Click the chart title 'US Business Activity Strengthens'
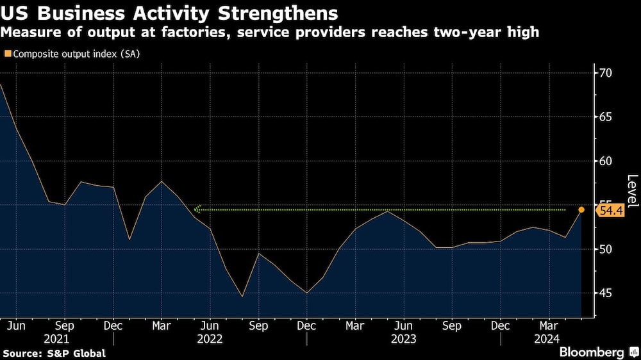coord(170,13)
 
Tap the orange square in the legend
coord(7,54)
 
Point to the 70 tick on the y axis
coord(605,73)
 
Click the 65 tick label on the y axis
coord(605,117)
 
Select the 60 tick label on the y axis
coord(605,161)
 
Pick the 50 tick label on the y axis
coord(605,249)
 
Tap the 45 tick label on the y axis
coord(605,293)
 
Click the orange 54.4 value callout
coord(611,210)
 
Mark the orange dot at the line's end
coord(581,209)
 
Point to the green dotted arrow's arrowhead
coord(197,209)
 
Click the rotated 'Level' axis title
coord(632,191)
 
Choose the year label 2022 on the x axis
coord(210,339)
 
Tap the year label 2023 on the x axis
coord(403,339)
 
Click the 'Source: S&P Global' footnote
coord(54,353)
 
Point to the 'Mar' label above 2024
coord(549,325)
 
